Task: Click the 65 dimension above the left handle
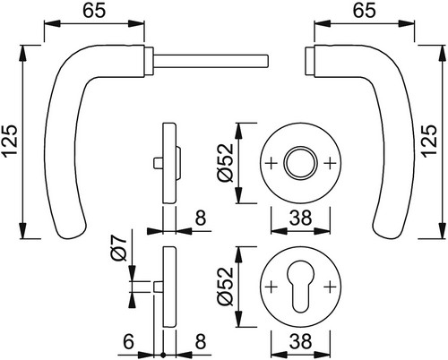(x=94, y=12)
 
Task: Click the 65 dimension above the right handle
(x=364, y=12)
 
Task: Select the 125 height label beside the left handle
(x=10, y=141)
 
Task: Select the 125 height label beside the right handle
(x=430, y=141)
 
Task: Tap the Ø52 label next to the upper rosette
(x=226, y=163)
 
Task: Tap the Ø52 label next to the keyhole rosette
(x=226, y=287)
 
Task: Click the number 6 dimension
(x=128, y=341)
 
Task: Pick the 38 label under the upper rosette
(x=300, y=218)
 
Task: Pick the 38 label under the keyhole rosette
(x=300, y=341)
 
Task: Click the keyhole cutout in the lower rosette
(x=300, y=286)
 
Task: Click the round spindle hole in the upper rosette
(x=300, y=163)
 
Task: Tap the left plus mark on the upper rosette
(x=271, y=163)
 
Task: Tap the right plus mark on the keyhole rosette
(x=330, y=287)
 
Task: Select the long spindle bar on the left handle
(x=211, y=61)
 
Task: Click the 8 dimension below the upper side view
(x=201, y=218)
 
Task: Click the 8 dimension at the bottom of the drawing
(x=201, y=341)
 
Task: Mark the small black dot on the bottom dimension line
(x=163, y=356)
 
